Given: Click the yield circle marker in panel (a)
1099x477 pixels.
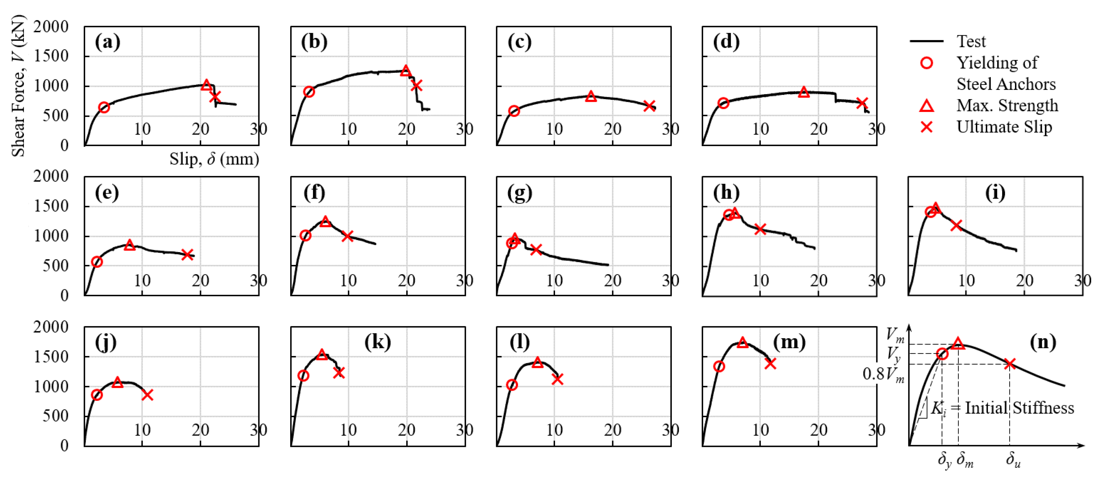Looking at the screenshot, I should [x=104, y=108].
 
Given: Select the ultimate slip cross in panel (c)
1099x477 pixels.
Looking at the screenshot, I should [x=649, y=106].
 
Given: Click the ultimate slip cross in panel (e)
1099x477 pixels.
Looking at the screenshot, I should [x=187, y=254].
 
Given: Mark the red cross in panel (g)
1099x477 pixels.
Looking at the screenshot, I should [x=536, y=250].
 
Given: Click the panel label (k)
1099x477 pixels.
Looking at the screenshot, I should [x=377, y=342].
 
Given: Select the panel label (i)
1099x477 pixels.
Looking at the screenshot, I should [x=995, y=193].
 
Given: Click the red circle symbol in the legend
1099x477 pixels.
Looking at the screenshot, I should [x=927, y=63].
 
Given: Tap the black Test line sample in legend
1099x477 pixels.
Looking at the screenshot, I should [x=927, y=41].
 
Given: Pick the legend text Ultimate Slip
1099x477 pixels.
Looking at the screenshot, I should [x=1004, y=127].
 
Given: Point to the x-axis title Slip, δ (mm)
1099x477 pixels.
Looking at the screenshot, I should [x=214, y=159].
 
